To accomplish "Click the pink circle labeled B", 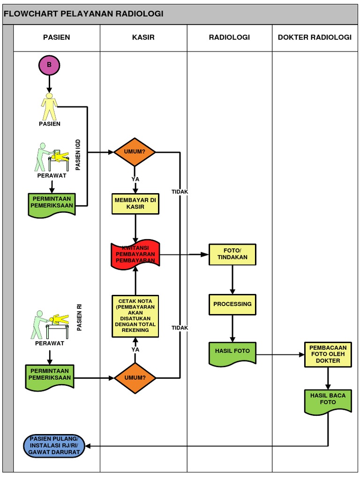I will point(49,65).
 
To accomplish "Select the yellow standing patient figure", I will point(49,106).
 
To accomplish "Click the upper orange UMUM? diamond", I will point(135,152).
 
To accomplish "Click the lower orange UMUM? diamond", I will point(135,377).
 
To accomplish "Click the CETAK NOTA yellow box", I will point(135,316).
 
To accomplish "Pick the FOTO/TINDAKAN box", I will point(232,254).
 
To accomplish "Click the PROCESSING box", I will point(232,304).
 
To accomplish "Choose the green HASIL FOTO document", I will point(232,352).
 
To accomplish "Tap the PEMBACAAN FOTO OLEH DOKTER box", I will point(328,354).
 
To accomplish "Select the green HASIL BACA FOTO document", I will point(328,401).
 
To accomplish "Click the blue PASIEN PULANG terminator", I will point(54,445).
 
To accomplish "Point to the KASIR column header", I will point(143,37).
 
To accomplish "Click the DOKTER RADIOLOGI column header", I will point(315,37).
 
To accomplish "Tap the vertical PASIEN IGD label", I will point(78,154).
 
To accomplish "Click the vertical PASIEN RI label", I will point(79,317).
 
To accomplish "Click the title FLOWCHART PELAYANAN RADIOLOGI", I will point(83,14).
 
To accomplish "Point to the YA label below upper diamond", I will point(135,179).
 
